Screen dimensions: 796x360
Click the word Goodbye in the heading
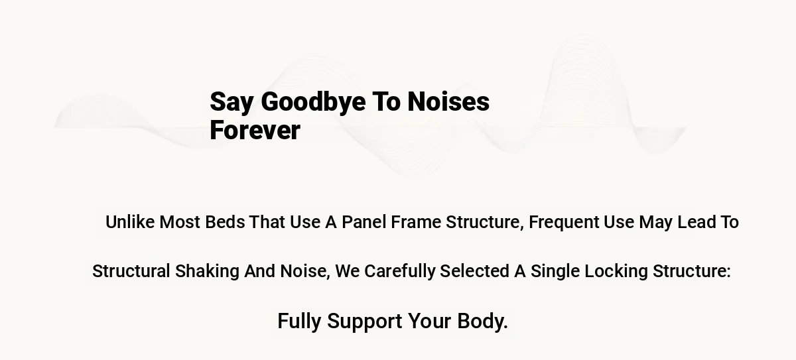[x=313, y=103]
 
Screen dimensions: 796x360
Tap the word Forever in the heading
[x=255, y=131]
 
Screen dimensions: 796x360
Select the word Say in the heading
[x=232, y=103]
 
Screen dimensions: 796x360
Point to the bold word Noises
[x=448, y=101]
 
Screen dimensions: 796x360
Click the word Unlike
[x=130, y=222]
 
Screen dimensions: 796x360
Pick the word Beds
[x=225, y=222]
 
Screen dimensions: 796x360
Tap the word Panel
[x=364, y=222]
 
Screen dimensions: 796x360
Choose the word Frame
[x=416, y=222]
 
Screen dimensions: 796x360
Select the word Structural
[x=131, y=271]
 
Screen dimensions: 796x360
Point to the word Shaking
[x=207, y=272]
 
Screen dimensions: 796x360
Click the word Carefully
[x=400, y=272]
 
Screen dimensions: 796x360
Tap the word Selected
[x=474, y=271]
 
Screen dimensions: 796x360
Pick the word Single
[x=555, y=272]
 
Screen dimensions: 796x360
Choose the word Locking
[x=616, y=272]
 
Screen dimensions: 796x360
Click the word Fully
[x=299, y=322]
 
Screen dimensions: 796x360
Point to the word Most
[x=180, y=222]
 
